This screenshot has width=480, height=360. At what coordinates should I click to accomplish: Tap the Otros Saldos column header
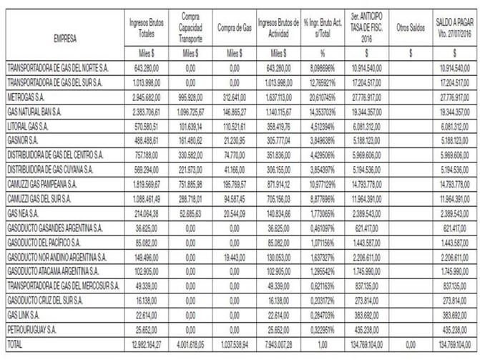coord(411,28)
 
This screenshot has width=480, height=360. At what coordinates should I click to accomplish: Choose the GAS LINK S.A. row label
coord(25,318)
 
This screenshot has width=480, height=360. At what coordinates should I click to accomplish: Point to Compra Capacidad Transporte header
coord(191,28)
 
